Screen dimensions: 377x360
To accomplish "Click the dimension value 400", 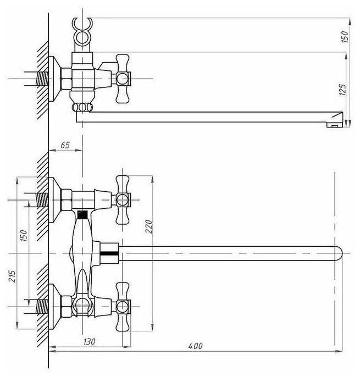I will coord(195,346).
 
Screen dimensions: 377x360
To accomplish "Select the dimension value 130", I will coord(89,342).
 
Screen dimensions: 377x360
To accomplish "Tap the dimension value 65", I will coord(65,145).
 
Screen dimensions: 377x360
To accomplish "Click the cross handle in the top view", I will coord(121,77).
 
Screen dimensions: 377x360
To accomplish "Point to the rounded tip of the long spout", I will coord(337,252).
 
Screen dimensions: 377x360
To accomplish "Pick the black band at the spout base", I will coord(110,253).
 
